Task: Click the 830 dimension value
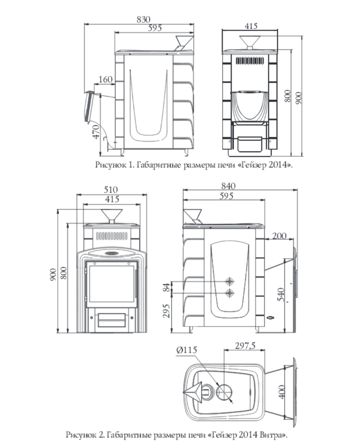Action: [x=143, y=19]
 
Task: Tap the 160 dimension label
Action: [x=106, y=80]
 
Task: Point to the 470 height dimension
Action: [x=97, y=132]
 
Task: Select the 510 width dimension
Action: [x=111, y=190]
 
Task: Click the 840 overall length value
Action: [x=228, y=186]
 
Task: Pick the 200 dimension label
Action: [x=279, y=236]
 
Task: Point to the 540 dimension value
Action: [x=281, y=295]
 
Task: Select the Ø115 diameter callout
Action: [x=187, y=350]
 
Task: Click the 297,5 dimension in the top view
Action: [x=245, y=346]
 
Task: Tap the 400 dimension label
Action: [x=281, y=392]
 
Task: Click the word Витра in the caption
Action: [x=272, y=435]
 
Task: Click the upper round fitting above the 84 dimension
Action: [x=230, y=281]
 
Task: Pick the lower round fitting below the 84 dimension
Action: [x=230, y=293]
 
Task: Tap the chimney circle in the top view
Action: [x=224, y=392]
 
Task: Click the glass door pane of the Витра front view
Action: [x=112, y=284]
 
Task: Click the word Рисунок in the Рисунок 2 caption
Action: [x=80, y=436]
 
